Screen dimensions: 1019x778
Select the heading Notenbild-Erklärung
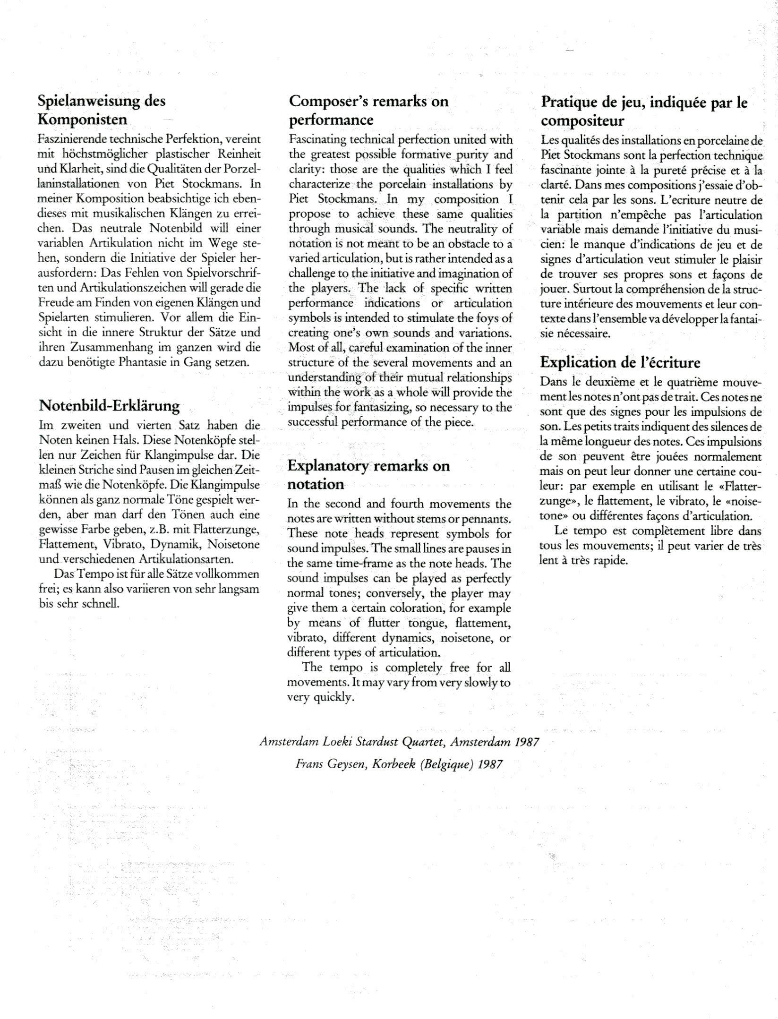click(x=109, y=405)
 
